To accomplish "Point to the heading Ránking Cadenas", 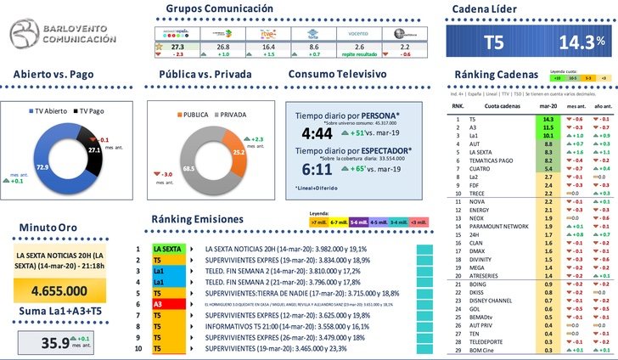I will [x=497, y=75].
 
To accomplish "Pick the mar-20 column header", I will [x=548, y=107].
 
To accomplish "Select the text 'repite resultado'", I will [x=359, y=54].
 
